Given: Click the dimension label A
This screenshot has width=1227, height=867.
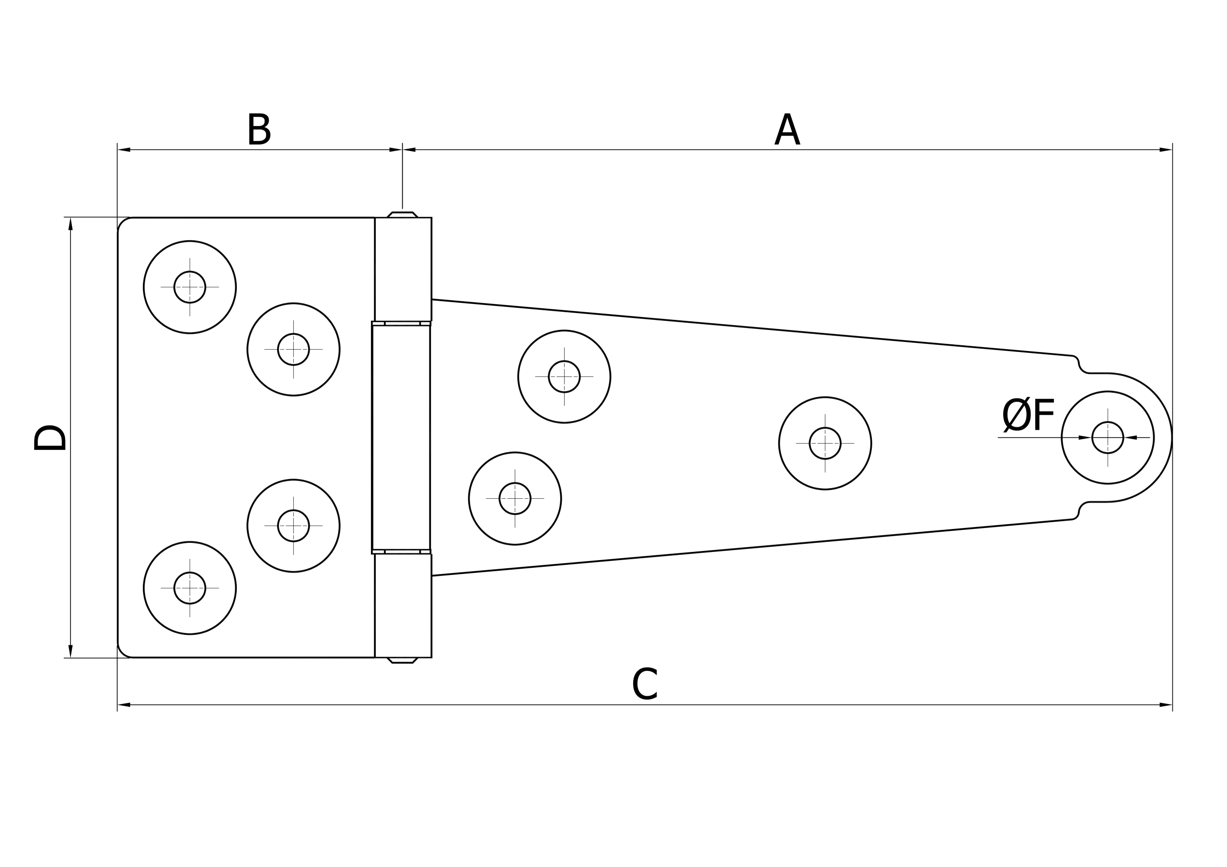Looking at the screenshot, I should (787, 129).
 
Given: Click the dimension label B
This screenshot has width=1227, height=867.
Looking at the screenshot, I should (259, 129).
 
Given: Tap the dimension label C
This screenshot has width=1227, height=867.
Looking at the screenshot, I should (645, 684).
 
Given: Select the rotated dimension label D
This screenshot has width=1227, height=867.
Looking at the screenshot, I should (50, 437).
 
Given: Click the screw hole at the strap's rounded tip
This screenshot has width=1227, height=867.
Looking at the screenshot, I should (1108, 438).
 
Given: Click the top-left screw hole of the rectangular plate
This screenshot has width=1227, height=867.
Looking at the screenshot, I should (190, 287).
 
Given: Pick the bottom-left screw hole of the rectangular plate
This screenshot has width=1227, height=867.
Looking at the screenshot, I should (190, 588).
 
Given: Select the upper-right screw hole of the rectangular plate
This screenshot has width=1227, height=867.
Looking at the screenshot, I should (293, 350).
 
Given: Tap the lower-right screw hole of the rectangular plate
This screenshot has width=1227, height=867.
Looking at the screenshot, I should (293, 526).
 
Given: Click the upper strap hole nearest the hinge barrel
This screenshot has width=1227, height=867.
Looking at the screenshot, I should (564, 377).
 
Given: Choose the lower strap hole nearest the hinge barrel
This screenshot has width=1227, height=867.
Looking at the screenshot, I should (515, 499).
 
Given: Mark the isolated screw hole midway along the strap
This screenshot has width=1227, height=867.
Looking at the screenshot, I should (825, 443).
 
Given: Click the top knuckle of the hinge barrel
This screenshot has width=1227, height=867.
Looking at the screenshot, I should (403, 269).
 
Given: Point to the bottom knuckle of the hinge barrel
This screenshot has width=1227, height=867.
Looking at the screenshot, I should (403, 606).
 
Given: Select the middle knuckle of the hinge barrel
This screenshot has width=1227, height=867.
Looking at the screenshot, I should (401, 437).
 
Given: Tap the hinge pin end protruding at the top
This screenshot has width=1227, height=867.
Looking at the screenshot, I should (403, 215).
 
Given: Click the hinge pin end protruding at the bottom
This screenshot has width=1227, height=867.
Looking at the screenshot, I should (403, 661).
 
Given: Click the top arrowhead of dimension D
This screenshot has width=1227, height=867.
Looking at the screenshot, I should (70, 224).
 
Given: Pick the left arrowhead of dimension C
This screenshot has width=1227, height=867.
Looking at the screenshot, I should (124, 704).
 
